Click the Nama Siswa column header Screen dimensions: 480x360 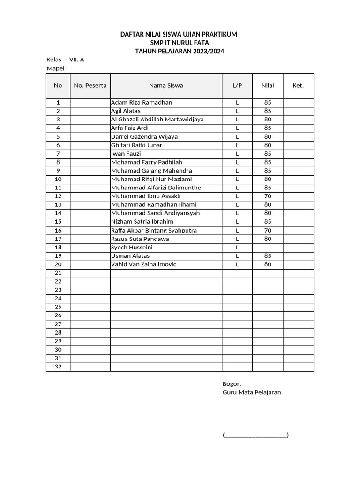(166, 85)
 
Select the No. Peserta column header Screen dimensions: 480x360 (90, 85)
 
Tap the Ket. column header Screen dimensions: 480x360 (298, 85)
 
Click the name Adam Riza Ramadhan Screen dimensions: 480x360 (142, 102)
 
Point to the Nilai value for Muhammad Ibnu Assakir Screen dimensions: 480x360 (268, 196)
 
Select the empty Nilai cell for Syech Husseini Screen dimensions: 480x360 (268, 247)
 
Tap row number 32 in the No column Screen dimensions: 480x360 (58, 367)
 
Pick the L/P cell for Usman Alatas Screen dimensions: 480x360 (237, 256)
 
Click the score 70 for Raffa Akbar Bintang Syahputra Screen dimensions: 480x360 (268, 230)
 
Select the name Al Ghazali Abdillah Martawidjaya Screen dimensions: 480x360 (157, 119)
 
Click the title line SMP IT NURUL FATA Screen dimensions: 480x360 (179, 43)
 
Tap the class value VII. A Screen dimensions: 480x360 (77, 60)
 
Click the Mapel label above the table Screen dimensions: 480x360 (57, 68)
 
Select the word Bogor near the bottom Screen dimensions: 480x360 (232, 383)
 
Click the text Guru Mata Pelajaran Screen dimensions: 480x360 (252, 392)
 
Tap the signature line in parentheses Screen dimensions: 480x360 (255, 435)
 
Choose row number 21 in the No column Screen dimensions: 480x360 (58, 273)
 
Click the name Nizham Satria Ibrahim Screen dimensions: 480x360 (142, 221)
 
